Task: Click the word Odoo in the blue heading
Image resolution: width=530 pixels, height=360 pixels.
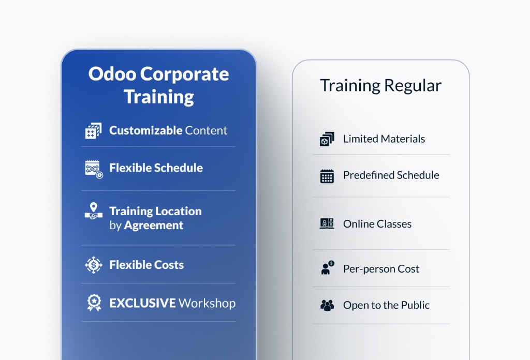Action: pyautogui.click(x=112, y=74)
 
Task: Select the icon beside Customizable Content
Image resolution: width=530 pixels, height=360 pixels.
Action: pyautogui.click(x=93, y=131)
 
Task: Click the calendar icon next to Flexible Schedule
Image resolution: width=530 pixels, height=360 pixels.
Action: pyautogui.click(x=94, y=169)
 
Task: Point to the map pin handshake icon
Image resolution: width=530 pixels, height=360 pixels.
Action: pyautogui.click(x=94, y=211)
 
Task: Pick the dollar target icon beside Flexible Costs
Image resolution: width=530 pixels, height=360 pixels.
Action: pyautogui.click(x=94, y=265)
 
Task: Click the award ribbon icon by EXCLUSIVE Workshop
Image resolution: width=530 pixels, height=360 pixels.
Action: pyautogui.click(x=94, y=303)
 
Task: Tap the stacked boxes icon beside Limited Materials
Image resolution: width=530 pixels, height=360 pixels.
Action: pyautogui.click(x=327, y=139)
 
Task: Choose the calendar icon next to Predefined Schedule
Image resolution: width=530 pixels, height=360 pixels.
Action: pyautogui.click(x=327, y=176)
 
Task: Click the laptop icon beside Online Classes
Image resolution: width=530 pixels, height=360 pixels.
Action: pyautogui.click(x=327, y=224)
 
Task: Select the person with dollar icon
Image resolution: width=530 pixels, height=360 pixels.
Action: pyautogui.click(x=327, y=268)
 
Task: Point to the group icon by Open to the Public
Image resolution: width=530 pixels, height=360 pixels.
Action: pyautogui.click(x=327, y=305)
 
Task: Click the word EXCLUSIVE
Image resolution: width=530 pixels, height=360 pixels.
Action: pyautogui.click(x=142, y=303)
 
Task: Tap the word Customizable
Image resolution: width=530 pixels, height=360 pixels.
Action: pyautogui.click(x=145, y=130)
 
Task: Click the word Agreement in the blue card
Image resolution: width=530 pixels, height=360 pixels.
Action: pyautogui.click(x=153, y=225)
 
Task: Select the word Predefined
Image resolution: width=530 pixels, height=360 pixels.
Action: pyautogui.click(x=369, y=175)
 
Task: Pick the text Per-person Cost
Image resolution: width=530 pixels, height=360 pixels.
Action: pyautogui.click(x=381, y=269)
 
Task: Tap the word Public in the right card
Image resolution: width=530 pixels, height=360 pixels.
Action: pyautogui.click(x=415, y=305)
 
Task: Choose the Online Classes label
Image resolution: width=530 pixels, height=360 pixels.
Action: pyautogui.click(x=377, y=224)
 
